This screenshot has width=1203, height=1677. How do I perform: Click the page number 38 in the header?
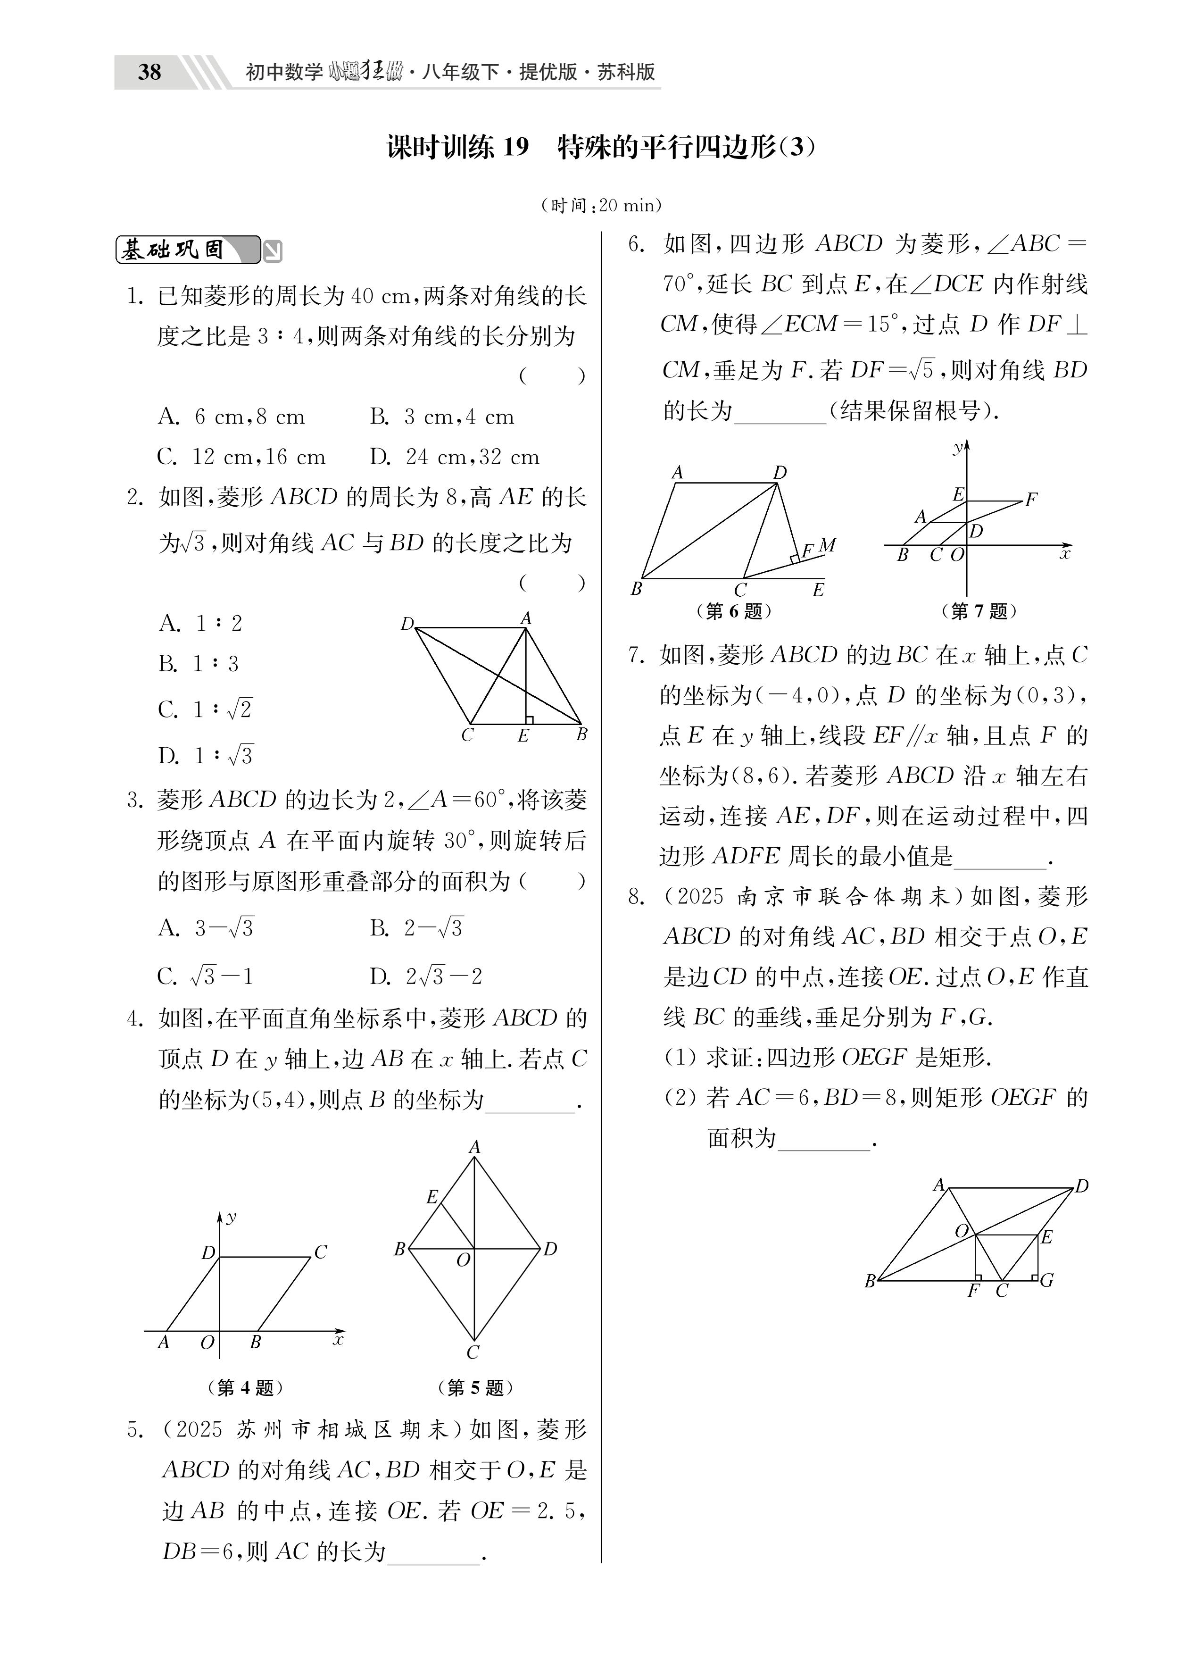149,72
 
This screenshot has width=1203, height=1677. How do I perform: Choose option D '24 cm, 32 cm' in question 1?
455,457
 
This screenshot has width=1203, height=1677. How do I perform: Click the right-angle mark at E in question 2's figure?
529,719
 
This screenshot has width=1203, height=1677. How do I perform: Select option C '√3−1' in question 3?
206,977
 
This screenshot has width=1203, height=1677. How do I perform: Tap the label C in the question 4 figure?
321,1252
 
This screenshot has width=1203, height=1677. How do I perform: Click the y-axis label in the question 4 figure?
232,1216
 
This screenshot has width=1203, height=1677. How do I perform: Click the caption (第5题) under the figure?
475,1388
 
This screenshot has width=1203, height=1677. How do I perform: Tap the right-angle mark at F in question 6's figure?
794,559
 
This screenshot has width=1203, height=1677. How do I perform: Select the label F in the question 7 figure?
1031,500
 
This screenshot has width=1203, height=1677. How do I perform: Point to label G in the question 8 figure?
1047,1280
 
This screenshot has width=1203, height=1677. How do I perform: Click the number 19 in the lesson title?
515,147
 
